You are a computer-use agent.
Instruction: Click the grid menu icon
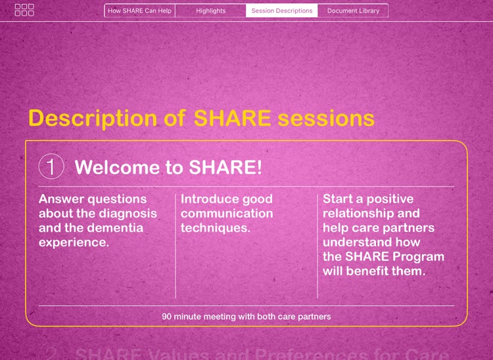[24, 10]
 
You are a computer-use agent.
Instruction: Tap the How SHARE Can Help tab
[139, 11]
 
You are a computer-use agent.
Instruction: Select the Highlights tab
[210, 11]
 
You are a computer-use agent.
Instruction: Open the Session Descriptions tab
[281, 11]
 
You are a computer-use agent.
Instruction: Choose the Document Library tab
[353, 11]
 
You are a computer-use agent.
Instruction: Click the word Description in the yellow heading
[93, 118]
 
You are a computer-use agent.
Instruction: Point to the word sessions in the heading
[326, 118]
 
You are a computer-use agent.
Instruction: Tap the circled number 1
[51, 166]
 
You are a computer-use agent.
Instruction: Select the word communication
[227, 214]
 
